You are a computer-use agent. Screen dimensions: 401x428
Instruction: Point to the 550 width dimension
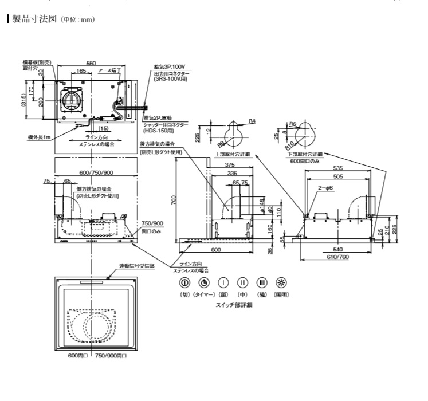91,63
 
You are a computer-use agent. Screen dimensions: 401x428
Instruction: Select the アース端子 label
111,72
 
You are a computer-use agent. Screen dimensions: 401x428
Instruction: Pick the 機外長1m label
40,137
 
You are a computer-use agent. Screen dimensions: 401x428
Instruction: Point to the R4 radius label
252,121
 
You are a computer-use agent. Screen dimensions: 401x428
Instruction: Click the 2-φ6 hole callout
327,188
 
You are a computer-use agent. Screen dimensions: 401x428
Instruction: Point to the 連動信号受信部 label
136,266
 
